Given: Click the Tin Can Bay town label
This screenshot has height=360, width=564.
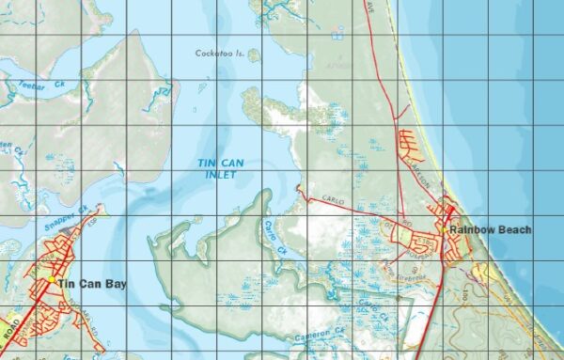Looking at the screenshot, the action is coord(92,284).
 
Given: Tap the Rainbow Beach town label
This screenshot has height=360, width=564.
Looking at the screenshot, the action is coord(490,230).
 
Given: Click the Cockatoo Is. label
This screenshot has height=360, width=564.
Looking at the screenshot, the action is coord(220,55).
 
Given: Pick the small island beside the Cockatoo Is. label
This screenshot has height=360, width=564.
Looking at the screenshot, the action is coord(254,55).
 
